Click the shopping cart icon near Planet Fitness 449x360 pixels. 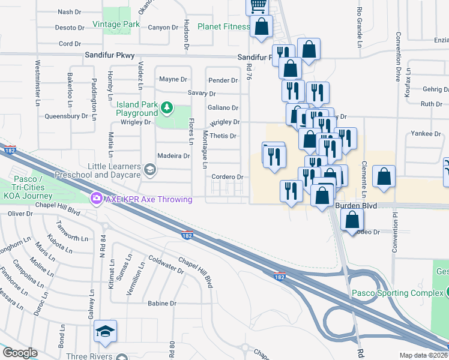click(258, 7)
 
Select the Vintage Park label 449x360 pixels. click(116, 25)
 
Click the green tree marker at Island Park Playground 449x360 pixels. click(166, 109)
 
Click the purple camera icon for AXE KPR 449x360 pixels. click(95, 197)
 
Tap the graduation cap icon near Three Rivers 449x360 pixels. click(105, 331)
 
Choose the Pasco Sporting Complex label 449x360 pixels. click(397, 293)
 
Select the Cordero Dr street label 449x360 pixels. click(228, 177)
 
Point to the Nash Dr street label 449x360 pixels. click(69, 12)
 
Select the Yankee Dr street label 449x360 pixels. click(426, 133)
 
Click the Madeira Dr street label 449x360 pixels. click(173, 155)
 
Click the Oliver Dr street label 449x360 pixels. click(20, 213)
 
